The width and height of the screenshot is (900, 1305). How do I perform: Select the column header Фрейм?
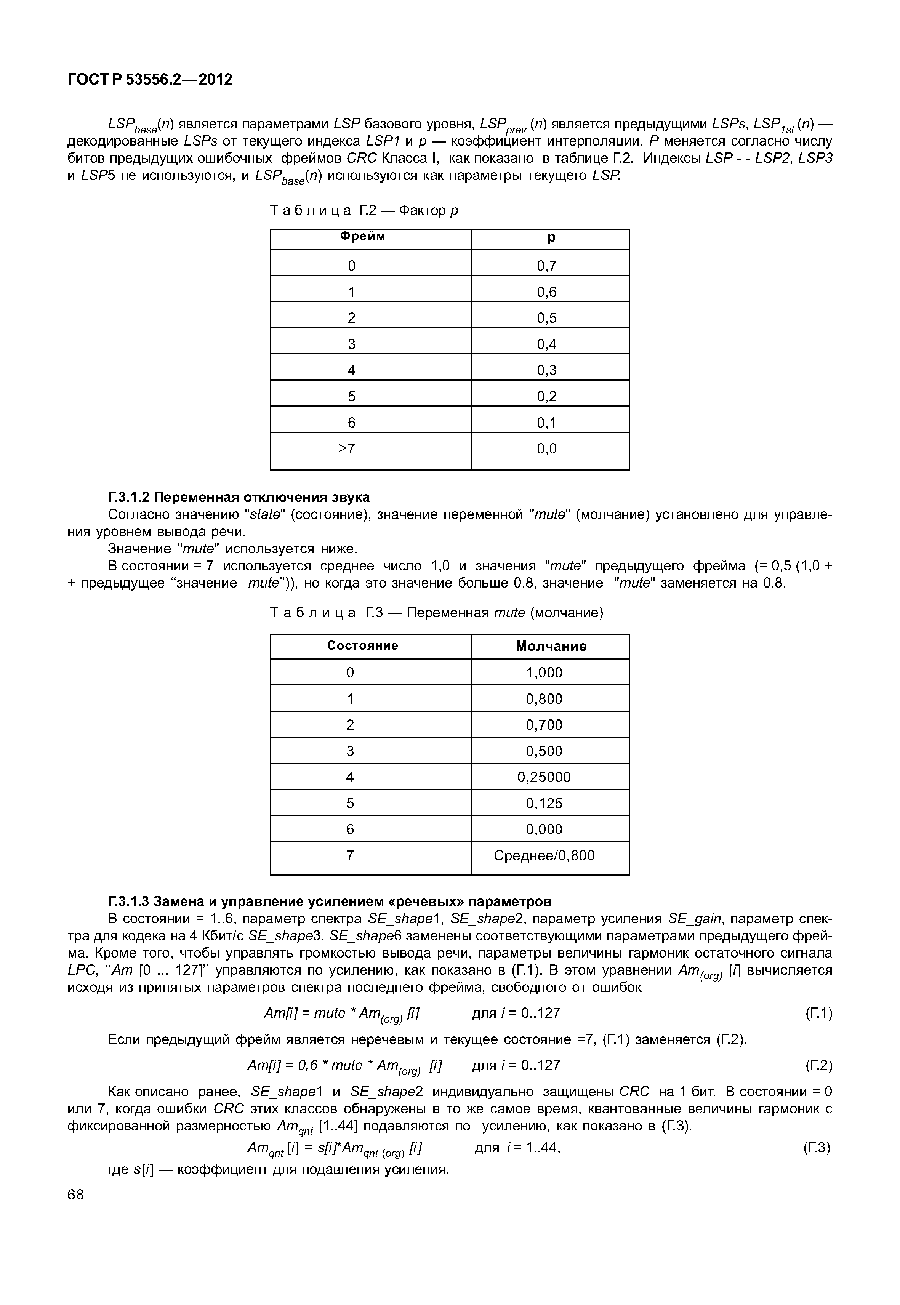(363, 237)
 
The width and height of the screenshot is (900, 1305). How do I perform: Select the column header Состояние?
(363, 646)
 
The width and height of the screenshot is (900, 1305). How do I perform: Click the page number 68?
(75, 1195)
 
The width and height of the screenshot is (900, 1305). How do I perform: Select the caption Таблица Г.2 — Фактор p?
(364, 211)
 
